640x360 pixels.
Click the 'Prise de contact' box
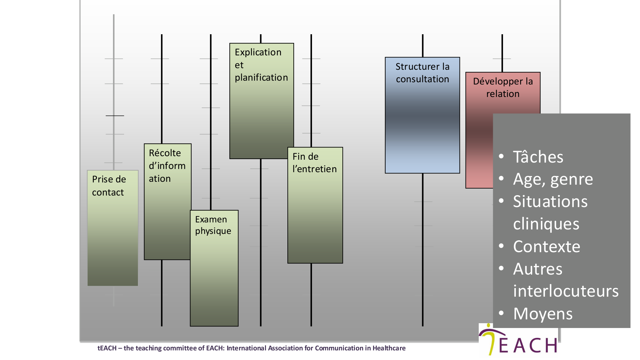[113, 228]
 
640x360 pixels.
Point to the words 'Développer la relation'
[503, 87]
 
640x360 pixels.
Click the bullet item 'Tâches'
[538, 157]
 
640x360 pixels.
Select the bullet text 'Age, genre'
[553, 179]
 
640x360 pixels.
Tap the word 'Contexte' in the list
[547, 247]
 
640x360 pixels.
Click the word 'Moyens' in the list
[543, 314]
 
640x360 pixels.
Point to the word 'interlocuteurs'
[566, 291]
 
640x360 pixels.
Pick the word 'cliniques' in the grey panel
[546, 224]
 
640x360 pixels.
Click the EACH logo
[518, 340]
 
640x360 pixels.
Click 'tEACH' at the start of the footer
[107, 348]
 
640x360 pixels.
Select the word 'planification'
[261, 78]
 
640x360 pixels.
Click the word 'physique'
[213, 231]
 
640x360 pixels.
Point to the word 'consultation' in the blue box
[422, 79]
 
